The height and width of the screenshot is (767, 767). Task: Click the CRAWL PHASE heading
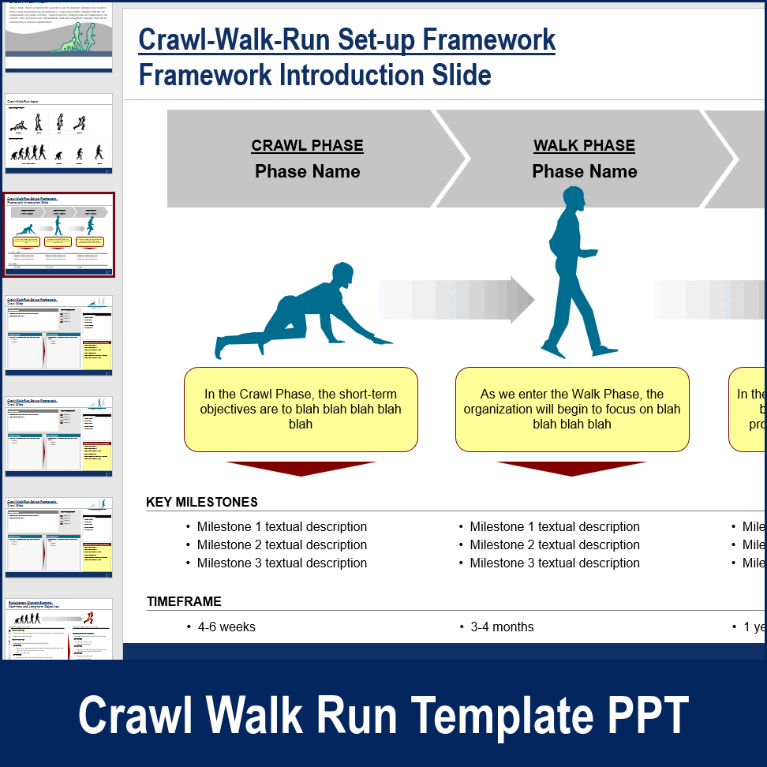point(307,146)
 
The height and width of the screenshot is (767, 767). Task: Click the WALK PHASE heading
point(584,146)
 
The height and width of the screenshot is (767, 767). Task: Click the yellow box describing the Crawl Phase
point(301,409)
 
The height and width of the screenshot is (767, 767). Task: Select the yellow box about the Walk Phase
point(572,409)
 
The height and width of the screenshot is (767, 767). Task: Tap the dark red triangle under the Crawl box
point(301,468)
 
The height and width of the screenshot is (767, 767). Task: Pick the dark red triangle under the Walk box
point(571,468)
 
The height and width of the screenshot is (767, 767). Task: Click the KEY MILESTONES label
point(202,502)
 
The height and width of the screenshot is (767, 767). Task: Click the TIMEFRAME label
point(184,601)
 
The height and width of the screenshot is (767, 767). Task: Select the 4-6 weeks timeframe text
point(226,627)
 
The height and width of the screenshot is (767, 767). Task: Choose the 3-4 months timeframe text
point(502,627)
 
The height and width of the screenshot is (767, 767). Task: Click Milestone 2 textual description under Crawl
point(282,544)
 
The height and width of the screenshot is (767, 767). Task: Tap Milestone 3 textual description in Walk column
point(555,563)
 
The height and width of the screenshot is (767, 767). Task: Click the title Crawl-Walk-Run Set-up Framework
point(346,39)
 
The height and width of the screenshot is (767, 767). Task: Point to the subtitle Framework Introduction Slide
point(315,76)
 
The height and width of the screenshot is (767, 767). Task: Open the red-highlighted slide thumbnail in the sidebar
point(59,234)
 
